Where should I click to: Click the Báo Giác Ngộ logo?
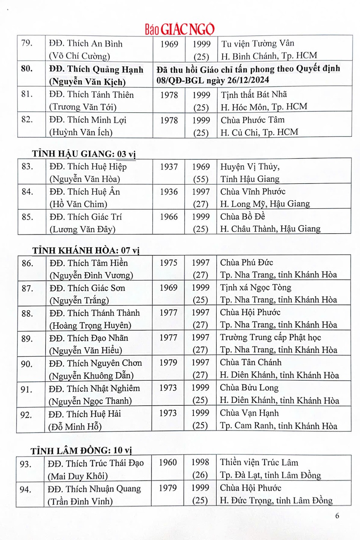pos(180,28)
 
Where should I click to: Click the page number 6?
pos(337,516)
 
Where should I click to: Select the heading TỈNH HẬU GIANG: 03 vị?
pos(84,154)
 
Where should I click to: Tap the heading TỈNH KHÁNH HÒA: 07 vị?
pos(86,251)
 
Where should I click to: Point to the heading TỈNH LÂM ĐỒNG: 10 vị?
pos(81,451)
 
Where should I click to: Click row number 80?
pos(27,69)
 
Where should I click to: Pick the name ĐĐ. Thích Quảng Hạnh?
pos(96,69)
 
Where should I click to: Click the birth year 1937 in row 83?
pos(169,167)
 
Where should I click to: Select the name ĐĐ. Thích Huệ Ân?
pos(85,192)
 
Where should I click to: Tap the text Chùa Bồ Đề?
pos(243,217)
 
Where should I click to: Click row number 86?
pos(27,263)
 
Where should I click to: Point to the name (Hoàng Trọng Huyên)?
pos(90,325)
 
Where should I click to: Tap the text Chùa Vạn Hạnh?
pos(249,413)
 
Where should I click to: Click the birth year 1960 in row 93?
pos(167,462)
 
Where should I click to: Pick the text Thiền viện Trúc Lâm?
pos(259,462)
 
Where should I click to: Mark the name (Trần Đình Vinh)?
pos(80,501)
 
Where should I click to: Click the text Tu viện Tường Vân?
pos(258,44)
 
